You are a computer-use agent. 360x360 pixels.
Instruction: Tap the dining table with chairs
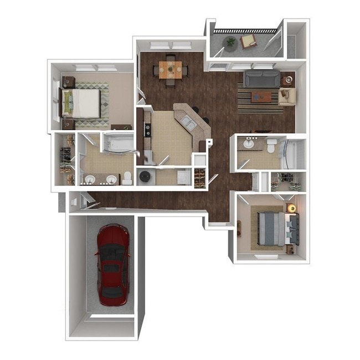[171, 69]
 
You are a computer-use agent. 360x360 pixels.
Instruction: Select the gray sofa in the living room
[261, 79]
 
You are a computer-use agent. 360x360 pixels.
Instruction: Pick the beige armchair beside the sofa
[287, 96]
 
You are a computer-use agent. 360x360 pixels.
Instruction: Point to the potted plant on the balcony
[230, 42]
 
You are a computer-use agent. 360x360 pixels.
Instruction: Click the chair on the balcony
[248, 40]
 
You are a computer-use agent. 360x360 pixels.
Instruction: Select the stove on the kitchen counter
[148, 131]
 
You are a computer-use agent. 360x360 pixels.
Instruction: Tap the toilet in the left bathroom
[127, 178]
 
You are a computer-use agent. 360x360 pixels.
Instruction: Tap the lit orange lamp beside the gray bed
[291, 208]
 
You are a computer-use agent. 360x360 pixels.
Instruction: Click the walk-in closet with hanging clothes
[66, 161]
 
